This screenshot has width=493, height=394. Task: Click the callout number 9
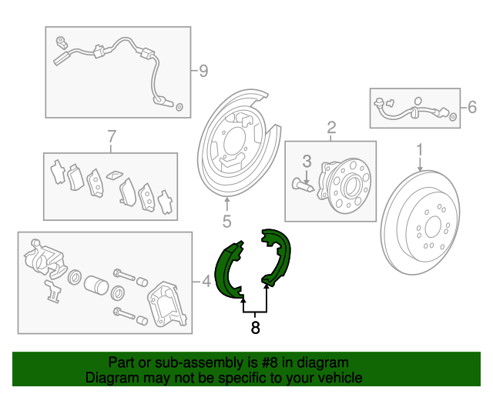tap(203, 71)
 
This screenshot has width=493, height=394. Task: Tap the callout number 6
tap(472, 107)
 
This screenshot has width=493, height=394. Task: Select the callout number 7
tap(112, 137)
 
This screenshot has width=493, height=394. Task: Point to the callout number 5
tap(226, 221)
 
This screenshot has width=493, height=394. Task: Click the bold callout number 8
tap(255, 327)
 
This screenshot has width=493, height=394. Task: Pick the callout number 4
tap(206, 282)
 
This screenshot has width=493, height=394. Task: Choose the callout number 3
tap(307, 161)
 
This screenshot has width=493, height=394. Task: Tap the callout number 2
tap(331, 128)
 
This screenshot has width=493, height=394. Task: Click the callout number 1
tap(420, 150)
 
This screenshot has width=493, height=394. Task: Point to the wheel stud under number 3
tap(302, 185)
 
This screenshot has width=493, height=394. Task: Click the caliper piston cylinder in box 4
tap(96, 285)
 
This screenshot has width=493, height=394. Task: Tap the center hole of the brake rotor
tap(433, 226)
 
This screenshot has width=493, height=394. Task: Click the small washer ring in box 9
tap(179, 107)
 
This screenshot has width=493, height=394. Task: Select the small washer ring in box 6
tap(453, 118)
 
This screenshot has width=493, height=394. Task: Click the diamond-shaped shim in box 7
tap(115, 175)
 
